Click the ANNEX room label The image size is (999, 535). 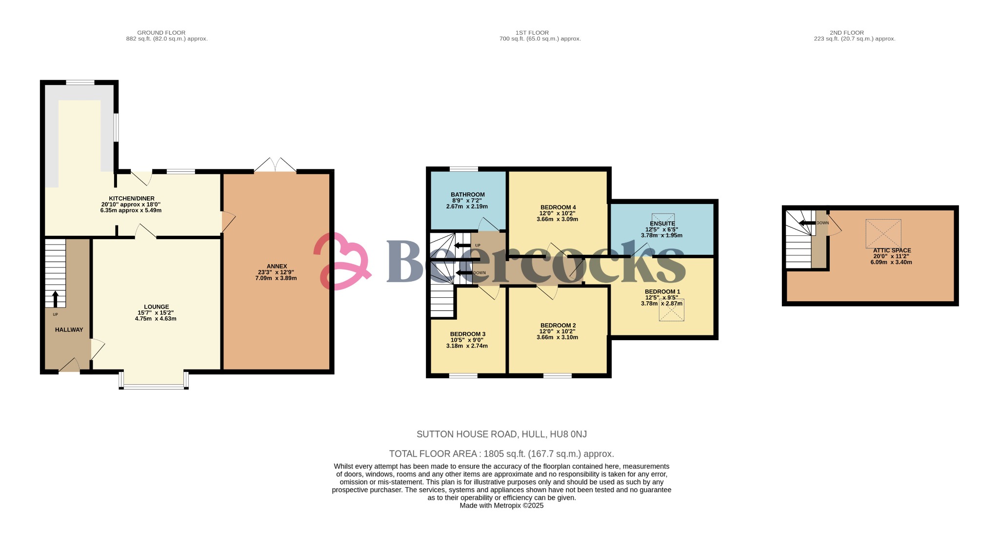coord(277,266)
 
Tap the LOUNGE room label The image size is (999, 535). coord(156,307)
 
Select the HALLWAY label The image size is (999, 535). coord(69,330)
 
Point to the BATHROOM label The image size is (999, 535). coord(467,195)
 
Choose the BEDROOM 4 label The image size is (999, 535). coord(558,207)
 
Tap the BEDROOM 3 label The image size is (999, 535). coord(467,334)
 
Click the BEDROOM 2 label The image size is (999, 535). coord(558,326)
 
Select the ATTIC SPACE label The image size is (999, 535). coord(892,250)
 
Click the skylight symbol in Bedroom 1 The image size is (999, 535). coord(671,310)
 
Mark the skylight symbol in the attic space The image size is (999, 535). coord(883,234)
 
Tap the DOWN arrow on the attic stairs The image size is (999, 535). coord(807,223)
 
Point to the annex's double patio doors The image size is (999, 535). coord(275,165)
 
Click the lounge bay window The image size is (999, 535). coord(154,380)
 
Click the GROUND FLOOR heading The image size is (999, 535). coord(161,33)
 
